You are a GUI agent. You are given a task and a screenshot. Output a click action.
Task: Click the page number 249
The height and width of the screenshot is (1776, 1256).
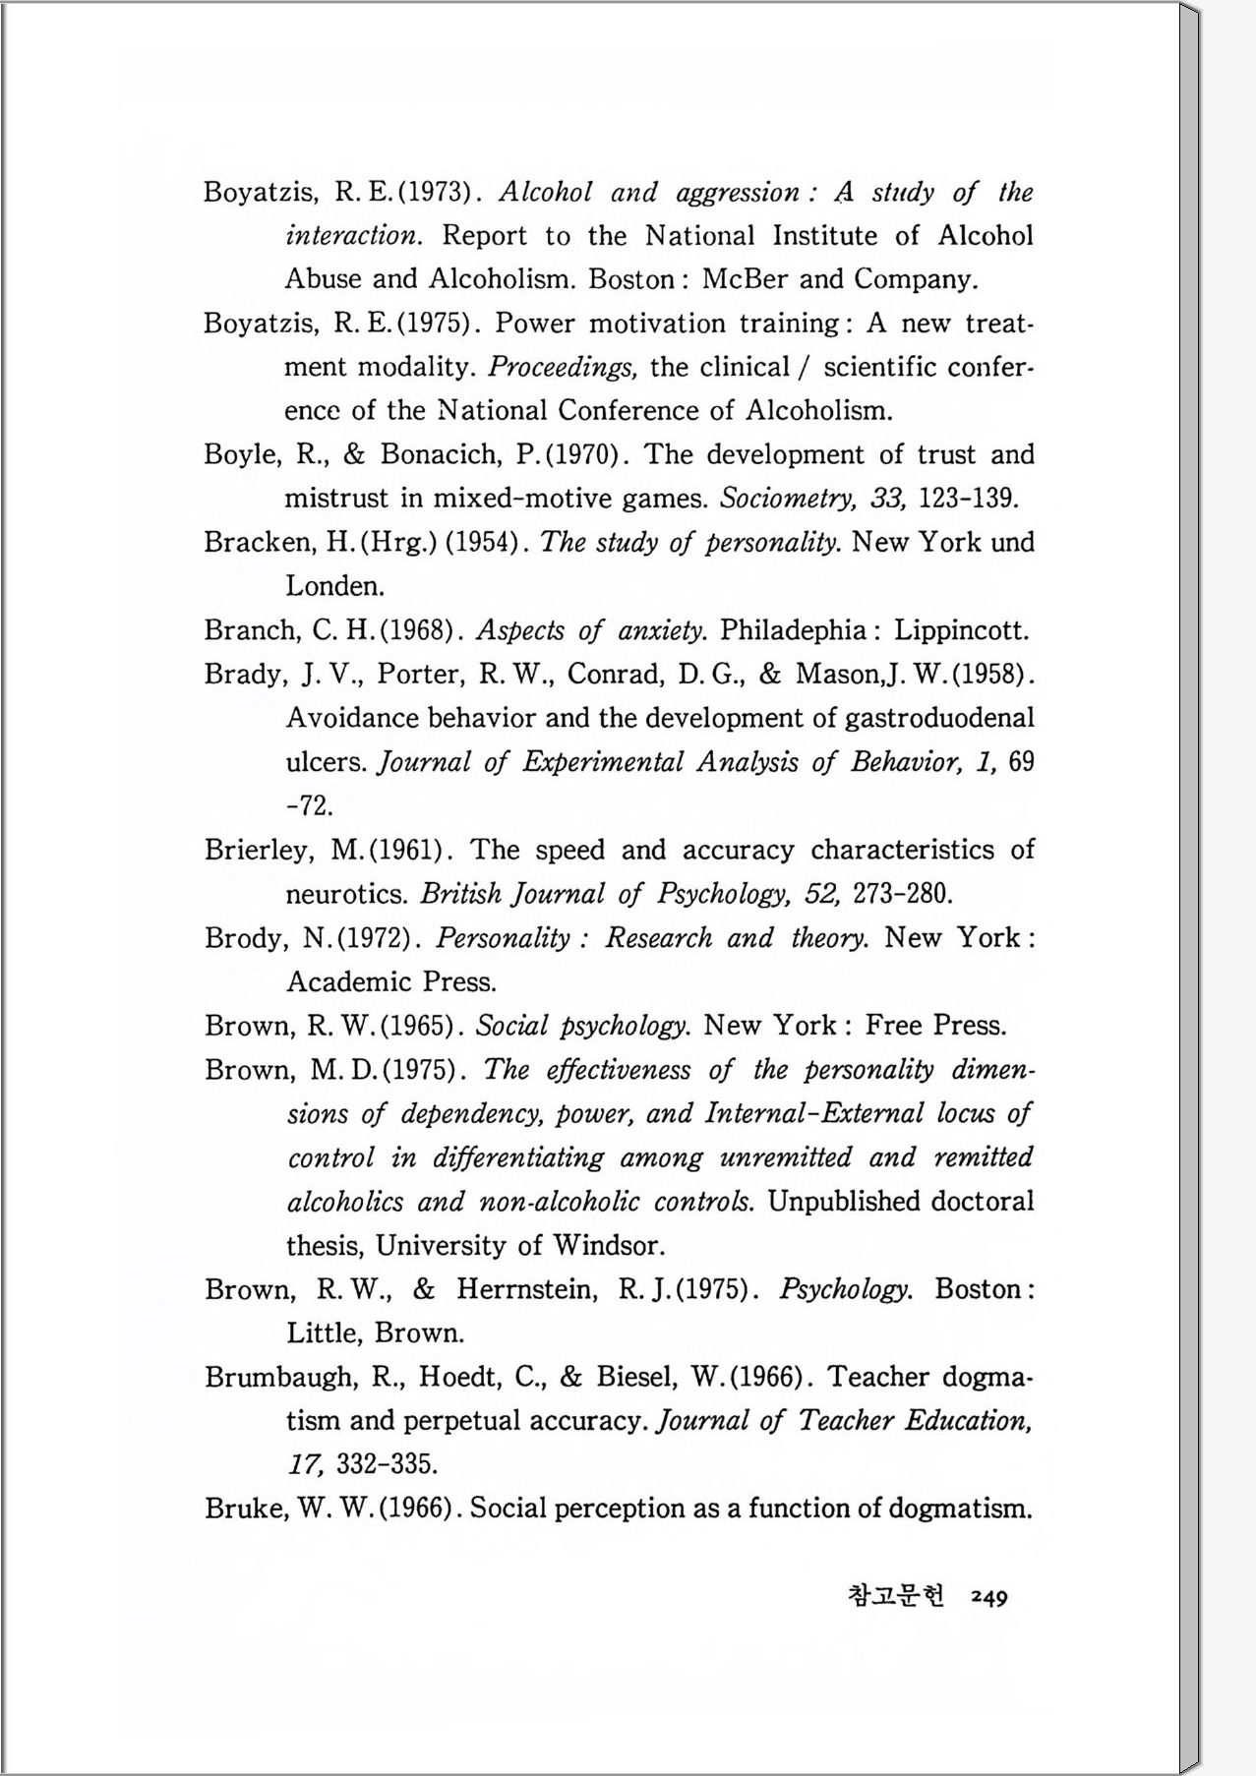[x=988, y=1597]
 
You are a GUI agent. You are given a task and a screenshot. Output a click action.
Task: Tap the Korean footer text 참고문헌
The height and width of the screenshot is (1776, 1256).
[x=895, y=1595]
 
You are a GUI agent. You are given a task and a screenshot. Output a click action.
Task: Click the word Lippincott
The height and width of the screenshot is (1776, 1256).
[x=961, y=630]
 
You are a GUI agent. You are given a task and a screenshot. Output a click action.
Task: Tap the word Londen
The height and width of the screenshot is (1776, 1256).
[x=334, y=587]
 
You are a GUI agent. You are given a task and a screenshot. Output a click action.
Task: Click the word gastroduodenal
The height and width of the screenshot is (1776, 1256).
[x=939, y=718]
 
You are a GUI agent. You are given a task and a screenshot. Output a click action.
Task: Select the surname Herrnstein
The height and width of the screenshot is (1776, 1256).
[x=526, y=1289]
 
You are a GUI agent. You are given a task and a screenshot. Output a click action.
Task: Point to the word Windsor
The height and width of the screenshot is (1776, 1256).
[x=608, y=1246]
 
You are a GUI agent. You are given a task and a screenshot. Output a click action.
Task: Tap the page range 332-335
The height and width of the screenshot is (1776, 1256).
[x=387, y=1465]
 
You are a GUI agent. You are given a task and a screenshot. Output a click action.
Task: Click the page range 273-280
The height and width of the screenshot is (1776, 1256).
[x=902, y=895]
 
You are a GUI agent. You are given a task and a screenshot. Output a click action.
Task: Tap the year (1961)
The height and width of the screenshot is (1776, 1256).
[x=411, y=851]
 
